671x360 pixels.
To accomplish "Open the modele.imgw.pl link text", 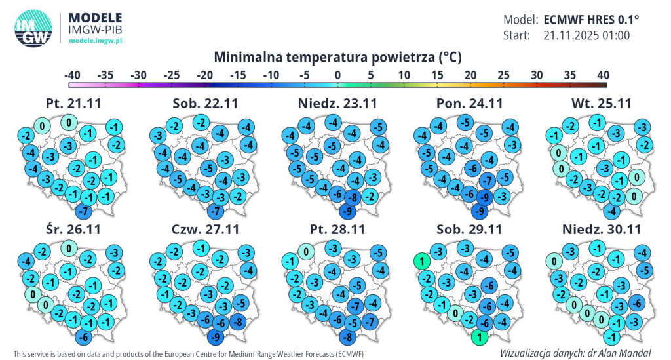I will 96,41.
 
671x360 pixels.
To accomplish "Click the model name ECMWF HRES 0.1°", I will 591,19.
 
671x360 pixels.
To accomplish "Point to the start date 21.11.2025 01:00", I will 586,35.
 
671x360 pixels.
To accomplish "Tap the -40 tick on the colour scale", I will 72,75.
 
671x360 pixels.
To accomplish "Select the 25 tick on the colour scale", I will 503,75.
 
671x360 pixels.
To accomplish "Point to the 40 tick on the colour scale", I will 603,75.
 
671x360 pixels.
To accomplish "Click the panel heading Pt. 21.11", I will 73,104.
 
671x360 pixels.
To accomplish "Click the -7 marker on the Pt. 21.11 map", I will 83,212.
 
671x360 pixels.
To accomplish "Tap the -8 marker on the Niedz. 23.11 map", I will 353,197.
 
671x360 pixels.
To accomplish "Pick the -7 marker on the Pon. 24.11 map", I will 486,180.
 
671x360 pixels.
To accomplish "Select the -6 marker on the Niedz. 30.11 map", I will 634,303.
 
